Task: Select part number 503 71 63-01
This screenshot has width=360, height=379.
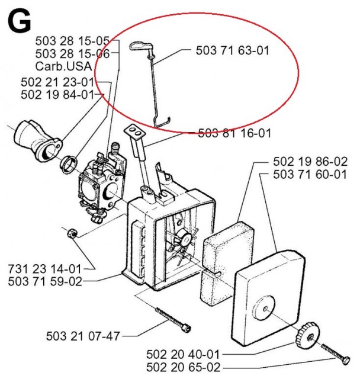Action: click(x=232, y=51)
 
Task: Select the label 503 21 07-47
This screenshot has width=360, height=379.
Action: click(x=83, y=336)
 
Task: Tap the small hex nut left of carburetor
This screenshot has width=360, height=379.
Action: click(x=69, y=232)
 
